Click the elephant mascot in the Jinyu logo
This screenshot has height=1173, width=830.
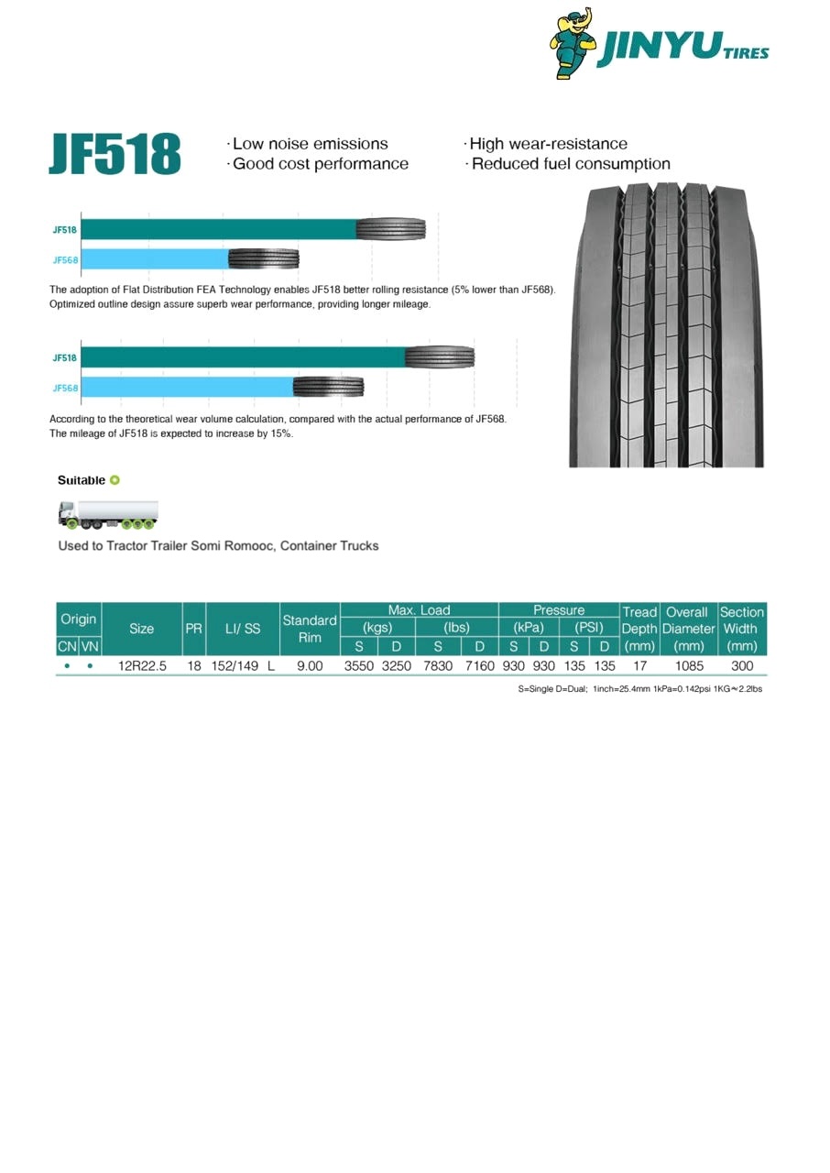pos(573,43)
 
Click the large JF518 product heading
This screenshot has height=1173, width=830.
pos(115,154)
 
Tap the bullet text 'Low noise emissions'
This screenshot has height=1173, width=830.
pos(310,144)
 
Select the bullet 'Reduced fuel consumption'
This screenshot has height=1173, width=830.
pos(571,164)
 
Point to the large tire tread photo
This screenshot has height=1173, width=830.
pos(666,324)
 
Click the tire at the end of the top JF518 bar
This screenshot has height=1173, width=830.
pos(391,229)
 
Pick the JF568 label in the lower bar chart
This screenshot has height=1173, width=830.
pos(65,388)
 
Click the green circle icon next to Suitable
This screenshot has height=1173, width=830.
pos(115,480)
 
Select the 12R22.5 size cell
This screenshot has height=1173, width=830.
pos(142,666)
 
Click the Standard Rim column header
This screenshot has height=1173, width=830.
pos(310,629)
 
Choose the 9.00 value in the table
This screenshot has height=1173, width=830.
pos(310,666)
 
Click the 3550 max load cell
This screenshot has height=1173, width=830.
pos(359,666)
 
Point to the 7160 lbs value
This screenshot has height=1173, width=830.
pos(479,666)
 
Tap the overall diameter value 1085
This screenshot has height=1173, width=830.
pos(688,666)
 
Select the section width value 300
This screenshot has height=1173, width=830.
pos(742,666)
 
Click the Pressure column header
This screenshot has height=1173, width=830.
pos(559,610)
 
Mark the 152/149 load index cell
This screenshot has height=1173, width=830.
pos(236,666)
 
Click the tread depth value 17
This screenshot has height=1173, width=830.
pos(639,666)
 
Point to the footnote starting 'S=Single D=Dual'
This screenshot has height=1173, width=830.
pos(639,689)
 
